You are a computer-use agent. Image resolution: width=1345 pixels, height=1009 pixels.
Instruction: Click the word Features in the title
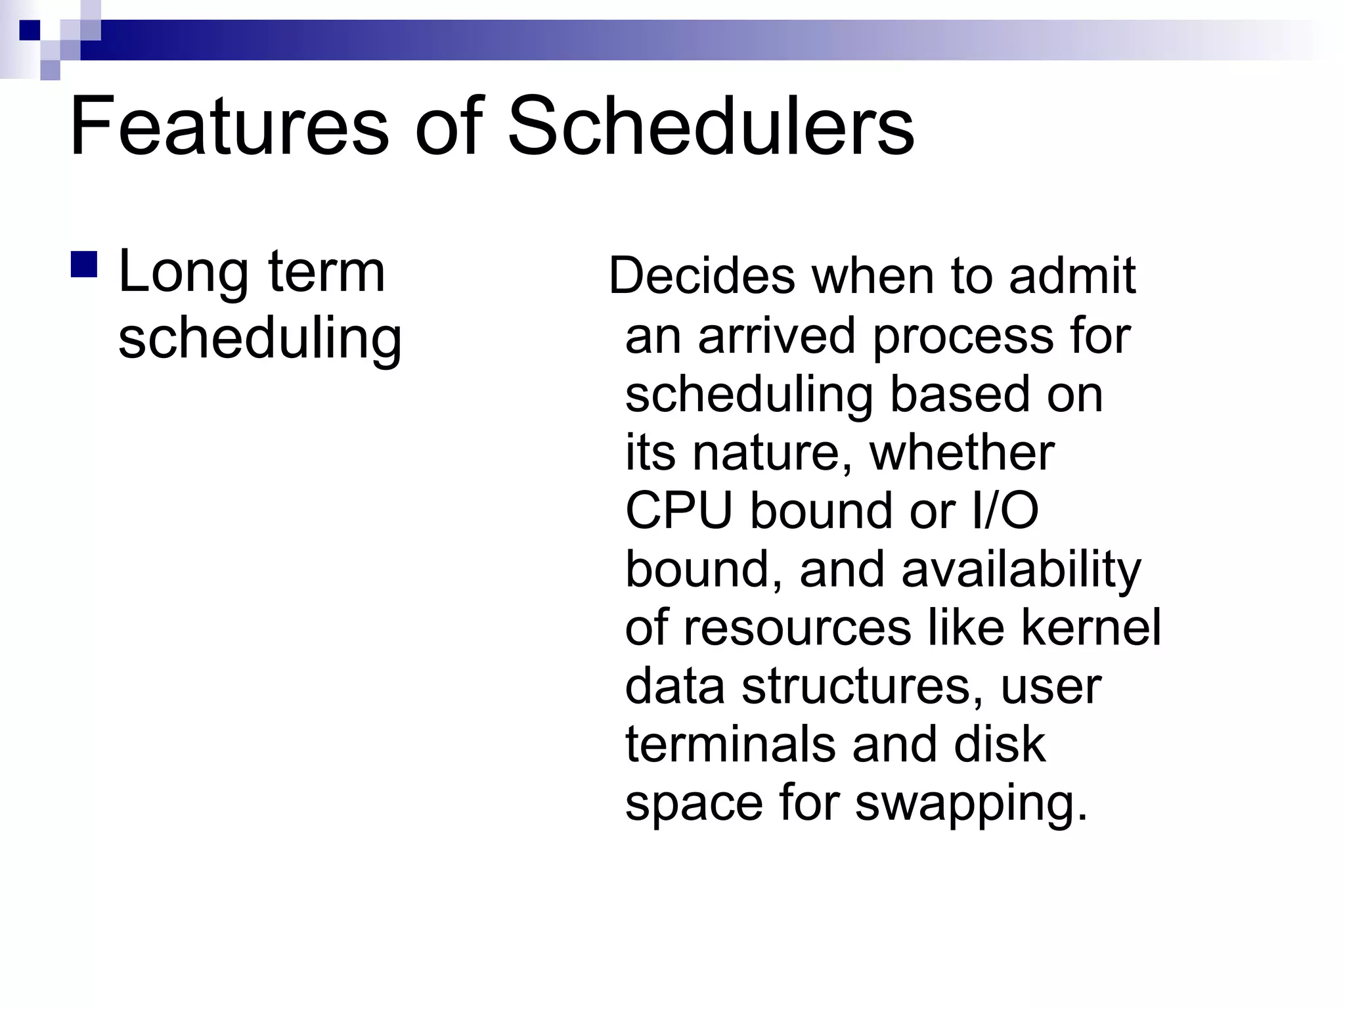pos(230,126)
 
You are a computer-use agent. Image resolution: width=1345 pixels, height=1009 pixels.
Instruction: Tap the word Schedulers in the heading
pos(711,126)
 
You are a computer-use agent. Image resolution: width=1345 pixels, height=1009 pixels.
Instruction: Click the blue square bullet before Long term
pos(83,264)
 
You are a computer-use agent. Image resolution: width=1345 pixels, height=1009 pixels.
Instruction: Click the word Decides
pos(701,276)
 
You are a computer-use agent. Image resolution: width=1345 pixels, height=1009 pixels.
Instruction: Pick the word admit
pos(1072,276)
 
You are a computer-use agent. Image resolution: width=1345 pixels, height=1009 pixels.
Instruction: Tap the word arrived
pos(776,335)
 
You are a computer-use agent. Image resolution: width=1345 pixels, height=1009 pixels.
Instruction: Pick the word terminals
pos(730,744)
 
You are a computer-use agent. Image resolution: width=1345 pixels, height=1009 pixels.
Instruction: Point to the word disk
pos(999,744)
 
